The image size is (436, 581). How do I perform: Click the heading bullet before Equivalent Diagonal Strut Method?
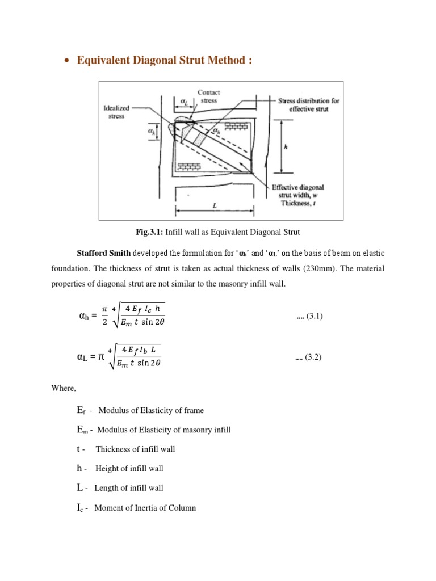point(67,61)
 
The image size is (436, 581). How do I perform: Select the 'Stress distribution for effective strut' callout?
point(309,104)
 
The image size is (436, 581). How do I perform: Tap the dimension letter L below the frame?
point(215,207)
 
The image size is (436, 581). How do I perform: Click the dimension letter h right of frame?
point(286,145)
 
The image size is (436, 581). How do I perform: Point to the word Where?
point(64,390)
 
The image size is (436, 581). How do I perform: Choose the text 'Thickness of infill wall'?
point(135,449)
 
